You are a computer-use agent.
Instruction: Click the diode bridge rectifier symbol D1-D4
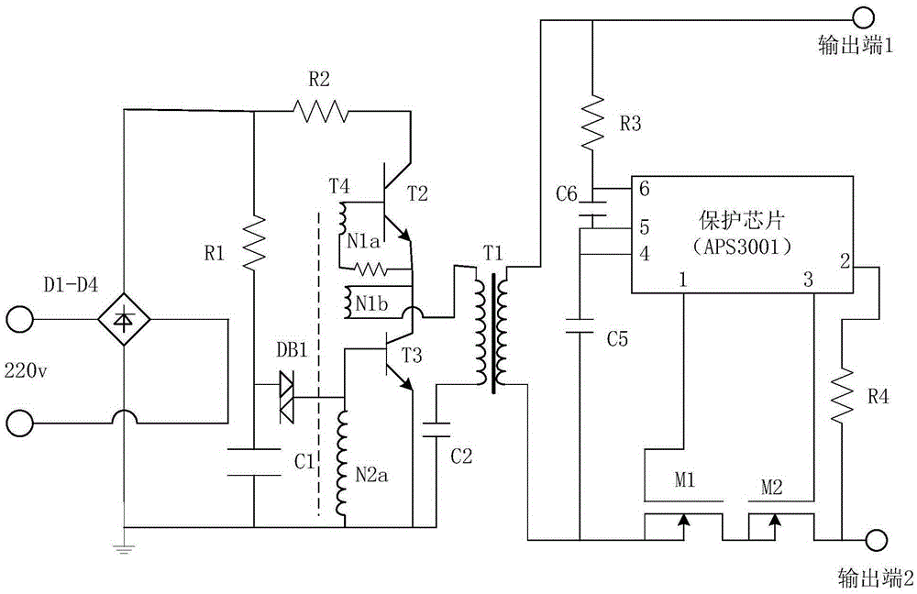(124, 320)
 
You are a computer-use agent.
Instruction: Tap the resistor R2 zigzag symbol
(320, 111)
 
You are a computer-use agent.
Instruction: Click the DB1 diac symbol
(287, 398)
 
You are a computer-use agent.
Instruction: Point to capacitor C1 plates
(254, 462)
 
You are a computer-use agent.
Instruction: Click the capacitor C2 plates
(436, 430)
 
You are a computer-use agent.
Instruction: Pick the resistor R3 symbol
(593, 122)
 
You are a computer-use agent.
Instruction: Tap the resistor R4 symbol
(842, 394)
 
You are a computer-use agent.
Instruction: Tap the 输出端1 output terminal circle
(863, 18)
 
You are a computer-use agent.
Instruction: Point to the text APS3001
(742, 247)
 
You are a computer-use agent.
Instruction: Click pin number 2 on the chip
(845, 260)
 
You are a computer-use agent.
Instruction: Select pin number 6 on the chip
(644, 188)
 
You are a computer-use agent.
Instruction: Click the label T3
(412, 355)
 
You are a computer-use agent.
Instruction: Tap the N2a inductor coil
(341, 462)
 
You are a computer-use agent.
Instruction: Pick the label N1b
(372, 304)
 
